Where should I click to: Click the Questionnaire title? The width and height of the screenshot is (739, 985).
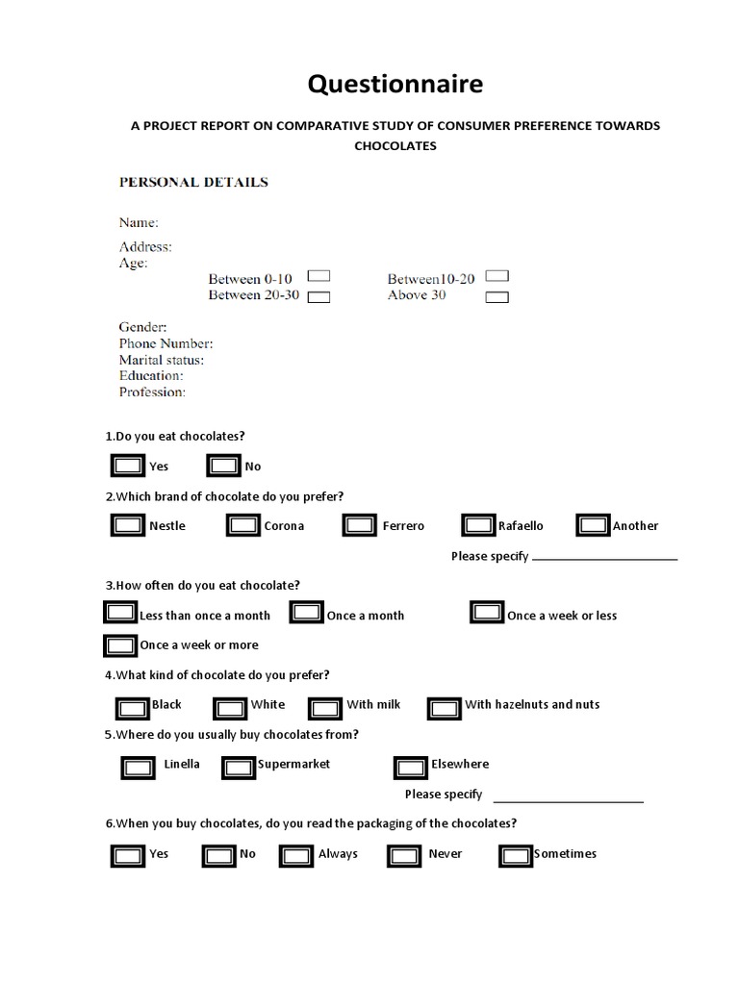click(x=395, y=86)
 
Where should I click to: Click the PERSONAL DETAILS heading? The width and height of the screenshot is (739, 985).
click(x=192, y=182)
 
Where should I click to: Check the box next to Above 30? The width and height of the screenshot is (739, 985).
click(x=497, y=297)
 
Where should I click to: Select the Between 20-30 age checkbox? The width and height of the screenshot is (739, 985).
click(x=319, y=297)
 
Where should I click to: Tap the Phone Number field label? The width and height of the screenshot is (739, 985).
click(x=166, y=343)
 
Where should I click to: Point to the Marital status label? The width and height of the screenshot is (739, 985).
click(x=161, y=360)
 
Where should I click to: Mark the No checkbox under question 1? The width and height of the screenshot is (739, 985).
click(x=224, y=467)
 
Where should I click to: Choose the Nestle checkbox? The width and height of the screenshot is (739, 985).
click(x=128, y=525)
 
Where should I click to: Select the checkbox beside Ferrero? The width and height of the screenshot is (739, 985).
click(x=360, y=525)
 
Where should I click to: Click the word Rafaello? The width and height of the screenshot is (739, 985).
click(x=521, y=526)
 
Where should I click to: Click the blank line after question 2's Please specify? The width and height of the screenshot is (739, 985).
click(x=604, y=558)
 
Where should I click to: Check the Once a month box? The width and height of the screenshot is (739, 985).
click(x=307, y=613)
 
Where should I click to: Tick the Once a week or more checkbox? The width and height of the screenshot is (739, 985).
click(x=120, y=644)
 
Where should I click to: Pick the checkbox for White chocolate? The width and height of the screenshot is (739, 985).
click(x=230, y=708)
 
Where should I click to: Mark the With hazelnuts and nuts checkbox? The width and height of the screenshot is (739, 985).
click(x=444, y=708)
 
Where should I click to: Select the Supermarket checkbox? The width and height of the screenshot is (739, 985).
click(x=239, y=767)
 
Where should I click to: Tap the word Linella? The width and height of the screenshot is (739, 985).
click(x=182, y=764)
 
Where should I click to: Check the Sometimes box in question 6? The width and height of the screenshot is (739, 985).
click(x=516, y=855)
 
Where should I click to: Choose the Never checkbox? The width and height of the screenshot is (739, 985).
click(x=403, y=855)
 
